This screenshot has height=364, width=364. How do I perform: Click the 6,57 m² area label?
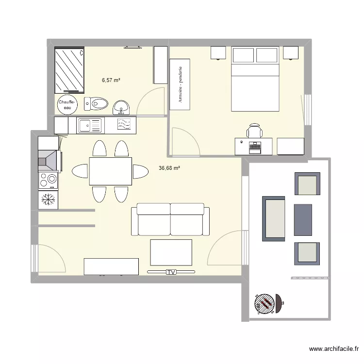111,80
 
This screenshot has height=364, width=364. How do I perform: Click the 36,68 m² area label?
169,168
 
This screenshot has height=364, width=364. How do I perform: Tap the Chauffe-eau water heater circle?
67,105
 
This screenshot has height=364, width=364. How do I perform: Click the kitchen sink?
90,126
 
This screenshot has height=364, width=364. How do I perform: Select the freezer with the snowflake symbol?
48,199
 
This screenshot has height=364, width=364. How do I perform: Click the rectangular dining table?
110,171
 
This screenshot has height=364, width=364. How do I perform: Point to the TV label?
171,272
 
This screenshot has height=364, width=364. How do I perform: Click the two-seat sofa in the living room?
171,219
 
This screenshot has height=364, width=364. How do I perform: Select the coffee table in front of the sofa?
171,252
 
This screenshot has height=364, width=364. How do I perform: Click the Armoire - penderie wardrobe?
180,84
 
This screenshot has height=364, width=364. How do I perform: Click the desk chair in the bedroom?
255,132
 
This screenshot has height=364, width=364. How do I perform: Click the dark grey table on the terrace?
303,220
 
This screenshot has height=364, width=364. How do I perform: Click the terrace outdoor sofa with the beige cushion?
274,218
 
